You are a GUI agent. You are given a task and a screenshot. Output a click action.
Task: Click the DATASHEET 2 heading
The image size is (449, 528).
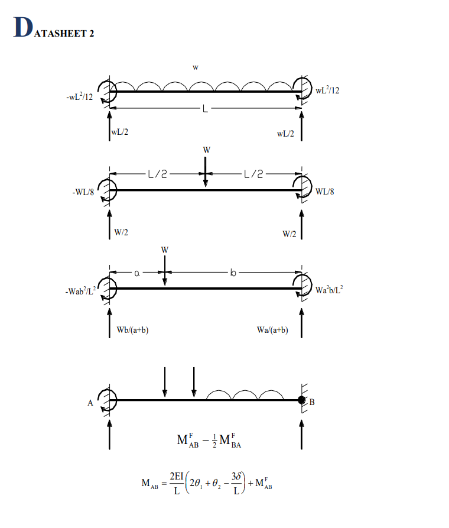pos(54,29)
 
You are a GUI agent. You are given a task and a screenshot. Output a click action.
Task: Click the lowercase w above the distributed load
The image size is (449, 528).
pos(194,67)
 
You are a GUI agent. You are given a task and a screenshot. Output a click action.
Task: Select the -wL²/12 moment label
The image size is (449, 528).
pos(79,96)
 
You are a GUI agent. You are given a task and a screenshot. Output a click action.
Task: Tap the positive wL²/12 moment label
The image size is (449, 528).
pos(327,90)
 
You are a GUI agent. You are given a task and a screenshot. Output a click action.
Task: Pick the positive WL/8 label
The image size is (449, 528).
pos(325,192)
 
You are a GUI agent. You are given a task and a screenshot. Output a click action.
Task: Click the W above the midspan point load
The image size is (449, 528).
pos(206,150)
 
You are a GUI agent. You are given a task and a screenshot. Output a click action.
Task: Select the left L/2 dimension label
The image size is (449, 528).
pos(158,174)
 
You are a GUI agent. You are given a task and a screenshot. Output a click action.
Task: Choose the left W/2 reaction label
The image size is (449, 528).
pos(122,234)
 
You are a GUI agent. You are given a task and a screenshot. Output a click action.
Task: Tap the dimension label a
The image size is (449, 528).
pos(137,273)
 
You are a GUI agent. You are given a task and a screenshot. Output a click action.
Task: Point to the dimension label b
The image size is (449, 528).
pos(233,273)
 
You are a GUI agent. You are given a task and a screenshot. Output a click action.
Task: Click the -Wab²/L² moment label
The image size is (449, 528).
pos(80,290)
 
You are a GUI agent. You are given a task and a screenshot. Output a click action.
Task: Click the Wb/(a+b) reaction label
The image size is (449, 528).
pos(132,330)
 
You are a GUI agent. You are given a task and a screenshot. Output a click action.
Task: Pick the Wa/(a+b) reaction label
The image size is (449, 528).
pos(272,330)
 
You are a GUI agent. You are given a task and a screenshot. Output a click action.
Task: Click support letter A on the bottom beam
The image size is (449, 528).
pos(90,403)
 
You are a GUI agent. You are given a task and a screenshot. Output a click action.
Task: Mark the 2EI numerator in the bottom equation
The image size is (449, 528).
pos(177,477)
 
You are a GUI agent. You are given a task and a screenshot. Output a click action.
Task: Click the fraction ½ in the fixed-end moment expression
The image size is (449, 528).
pos(205,442)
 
